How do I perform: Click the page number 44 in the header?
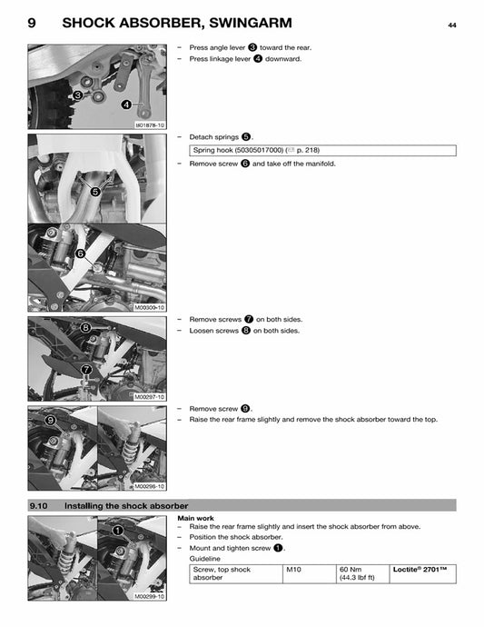point(451,25)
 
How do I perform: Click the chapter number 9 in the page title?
point(33,24)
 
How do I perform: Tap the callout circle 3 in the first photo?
point(78,95)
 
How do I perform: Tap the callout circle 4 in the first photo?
point(126,104)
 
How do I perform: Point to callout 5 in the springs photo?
point(95,192)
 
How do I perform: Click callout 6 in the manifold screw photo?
point(80,254)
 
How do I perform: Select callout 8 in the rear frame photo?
point(85,327)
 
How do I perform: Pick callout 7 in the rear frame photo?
point(86,370)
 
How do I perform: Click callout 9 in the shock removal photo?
point(51,419)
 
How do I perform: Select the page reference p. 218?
point(304,150)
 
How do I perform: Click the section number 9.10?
point(38,505)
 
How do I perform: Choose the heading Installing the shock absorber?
point(126,505)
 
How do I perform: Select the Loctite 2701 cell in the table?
point(420,570)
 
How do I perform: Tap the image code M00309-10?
point(149,308)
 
